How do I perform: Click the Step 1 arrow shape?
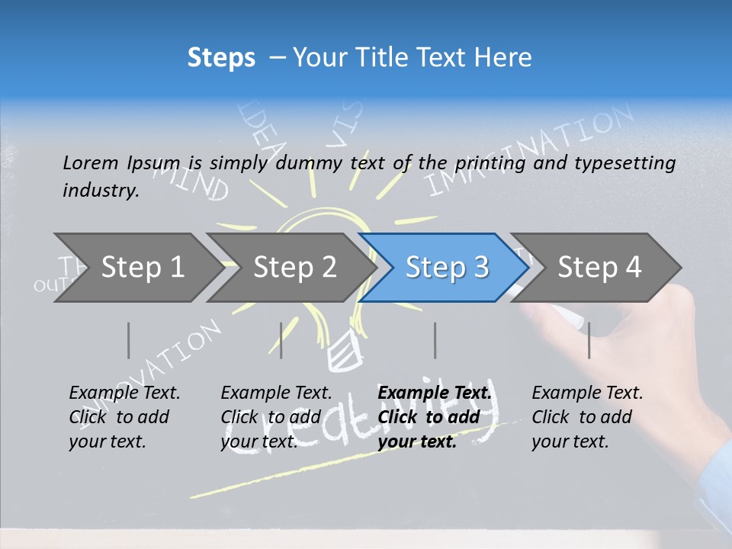pyautogui.click(x=137, y=268)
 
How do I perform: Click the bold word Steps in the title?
pyautogui.click(x=221, y=57)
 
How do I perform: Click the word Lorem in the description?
pyautogui.click(x=90, y=162)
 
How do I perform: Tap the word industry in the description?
pyautogui.click(x=100, y=190)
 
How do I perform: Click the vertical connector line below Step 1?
pyautogui.click(x=128, y=340)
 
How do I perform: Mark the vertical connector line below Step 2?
pyautogui.click(x=281, y=340)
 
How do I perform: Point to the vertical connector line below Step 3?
pyautogui.click(x=435, y=340)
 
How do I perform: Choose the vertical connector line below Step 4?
pyautogui.click(x=589, y=340)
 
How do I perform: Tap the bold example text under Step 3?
pyautogui.click(x=434, y=417)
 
